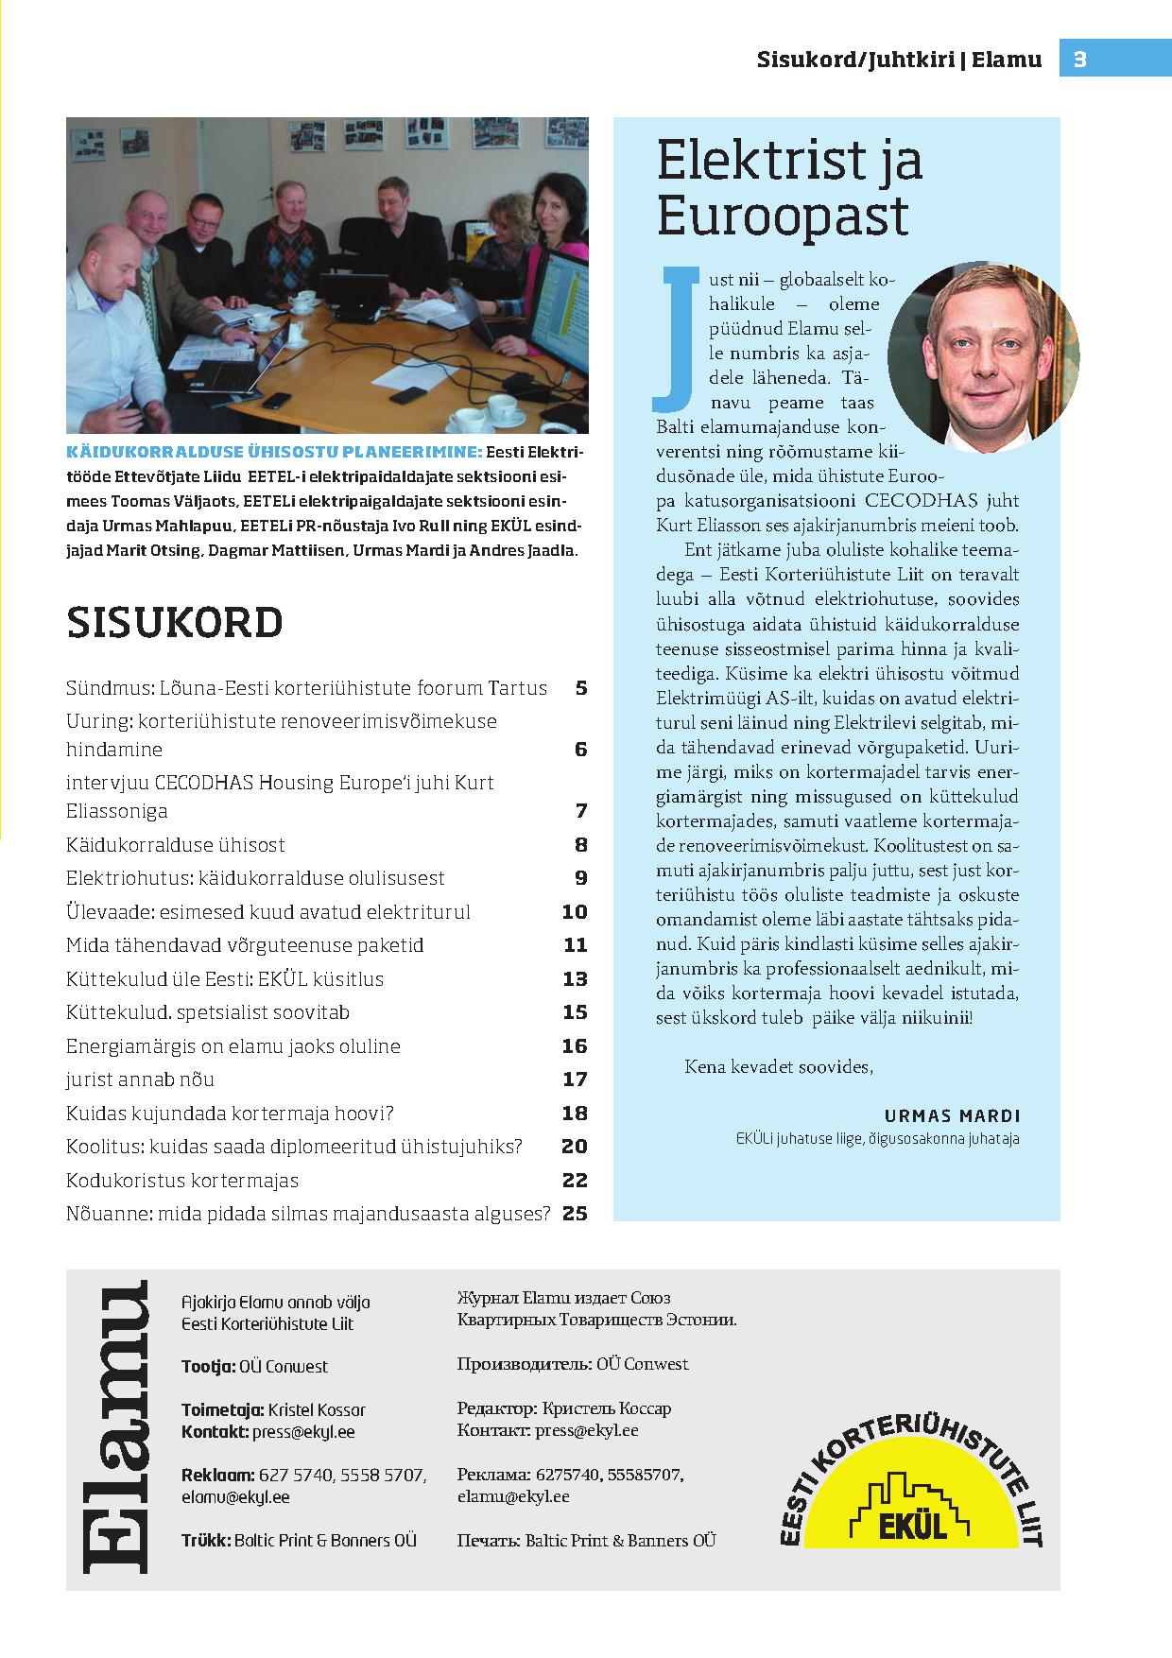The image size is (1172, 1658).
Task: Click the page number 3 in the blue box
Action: [x=1080, y=60]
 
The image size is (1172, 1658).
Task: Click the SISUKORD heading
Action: [x=175, y=623]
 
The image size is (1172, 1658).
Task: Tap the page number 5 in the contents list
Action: [x=580, y=688]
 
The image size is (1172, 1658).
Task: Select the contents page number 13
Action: [x=575, y=979]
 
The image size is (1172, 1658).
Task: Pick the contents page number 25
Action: [x=575, y=1214]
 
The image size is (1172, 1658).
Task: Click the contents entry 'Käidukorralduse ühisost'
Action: [x=176, y=845]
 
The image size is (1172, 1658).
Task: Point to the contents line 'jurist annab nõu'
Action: [x=141, y=1079]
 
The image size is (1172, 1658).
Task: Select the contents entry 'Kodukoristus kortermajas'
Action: [x=182, y=1181]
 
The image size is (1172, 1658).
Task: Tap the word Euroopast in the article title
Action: [x=783, y=216]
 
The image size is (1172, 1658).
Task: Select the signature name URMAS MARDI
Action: [x=953, y=1115]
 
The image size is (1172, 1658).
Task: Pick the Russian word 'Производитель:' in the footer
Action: [x=525, y=1364]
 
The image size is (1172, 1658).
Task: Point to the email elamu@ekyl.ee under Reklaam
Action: [x=235, y=1497]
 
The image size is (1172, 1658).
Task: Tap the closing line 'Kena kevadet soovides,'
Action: [x=778, y=1066]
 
